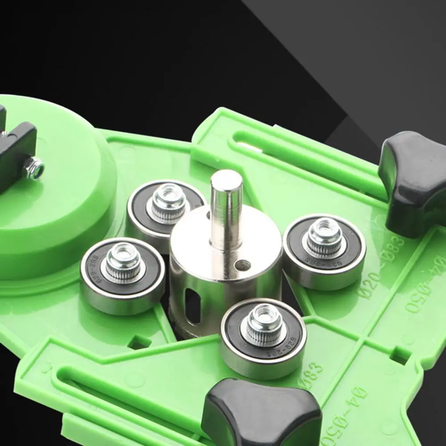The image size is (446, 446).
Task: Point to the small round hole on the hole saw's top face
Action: [242, 266]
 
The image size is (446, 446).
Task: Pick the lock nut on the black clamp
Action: [35, 168]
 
